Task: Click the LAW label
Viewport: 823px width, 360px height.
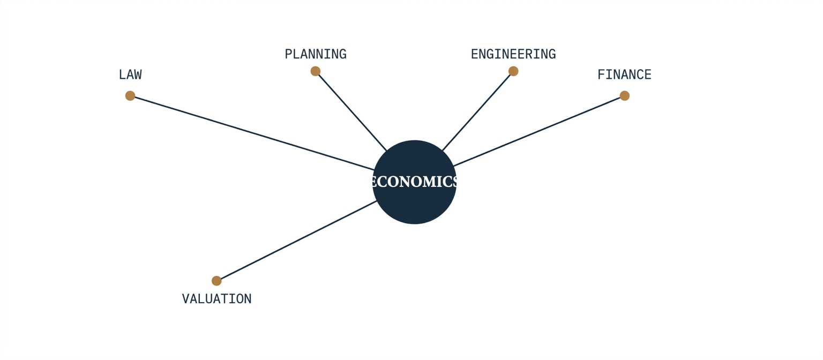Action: (x=130, y=74)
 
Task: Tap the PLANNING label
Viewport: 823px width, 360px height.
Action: (x=316, y=54)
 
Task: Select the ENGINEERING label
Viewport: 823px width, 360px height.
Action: (x=513, y=54)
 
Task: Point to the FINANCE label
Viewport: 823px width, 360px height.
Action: (x=624, y=74)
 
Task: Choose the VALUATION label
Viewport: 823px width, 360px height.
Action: (x=217, y=298)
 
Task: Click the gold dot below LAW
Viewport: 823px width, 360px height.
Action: (x=130, y=96)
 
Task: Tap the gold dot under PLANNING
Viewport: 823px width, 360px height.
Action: (x=315, y=71)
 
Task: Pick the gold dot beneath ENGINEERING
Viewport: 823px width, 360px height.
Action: (x=513, y=71)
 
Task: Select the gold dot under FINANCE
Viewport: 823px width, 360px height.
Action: (x=625, y=96)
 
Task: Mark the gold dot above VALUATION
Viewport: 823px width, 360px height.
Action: (x=217, y=281)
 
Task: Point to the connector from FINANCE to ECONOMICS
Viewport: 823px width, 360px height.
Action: (x=537, y=131)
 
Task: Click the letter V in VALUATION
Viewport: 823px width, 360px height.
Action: (x=186, y=298)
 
